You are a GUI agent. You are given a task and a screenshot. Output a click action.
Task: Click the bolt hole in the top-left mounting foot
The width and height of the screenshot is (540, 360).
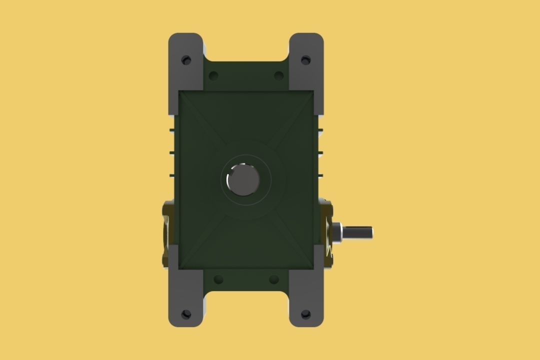(186, 60)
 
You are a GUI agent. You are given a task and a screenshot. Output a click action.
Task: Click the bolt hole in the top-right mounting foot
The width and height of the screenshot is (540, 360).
(305, 60)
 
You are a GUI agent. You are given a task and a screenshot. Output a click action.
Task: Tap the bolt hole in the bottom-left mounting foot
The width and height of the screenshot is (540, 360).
(186, 314)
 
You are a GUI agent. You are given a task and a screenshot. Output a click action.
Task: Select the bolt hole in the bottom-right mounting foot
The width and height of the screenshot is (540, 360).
(305, 314)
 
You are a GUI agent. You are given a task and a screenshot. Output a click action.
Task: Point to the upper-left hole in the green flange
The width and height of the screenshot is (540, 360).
(213, 76)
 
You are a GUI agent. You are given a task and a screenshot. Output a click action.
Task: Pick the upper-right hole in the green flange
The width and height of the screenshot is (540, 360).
(279, 76)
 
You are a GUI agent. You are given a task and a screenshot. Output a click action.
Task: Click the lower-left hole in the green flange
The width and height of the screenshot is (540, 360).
(218, 279)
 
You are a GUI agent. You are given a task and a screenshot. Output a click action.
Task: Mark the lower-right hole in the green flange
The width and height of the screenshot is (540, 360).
(273, 279)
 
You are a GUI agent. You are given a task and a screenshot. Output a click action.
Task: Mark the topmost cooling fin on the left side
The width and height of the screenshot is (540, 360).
(172, 129)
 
